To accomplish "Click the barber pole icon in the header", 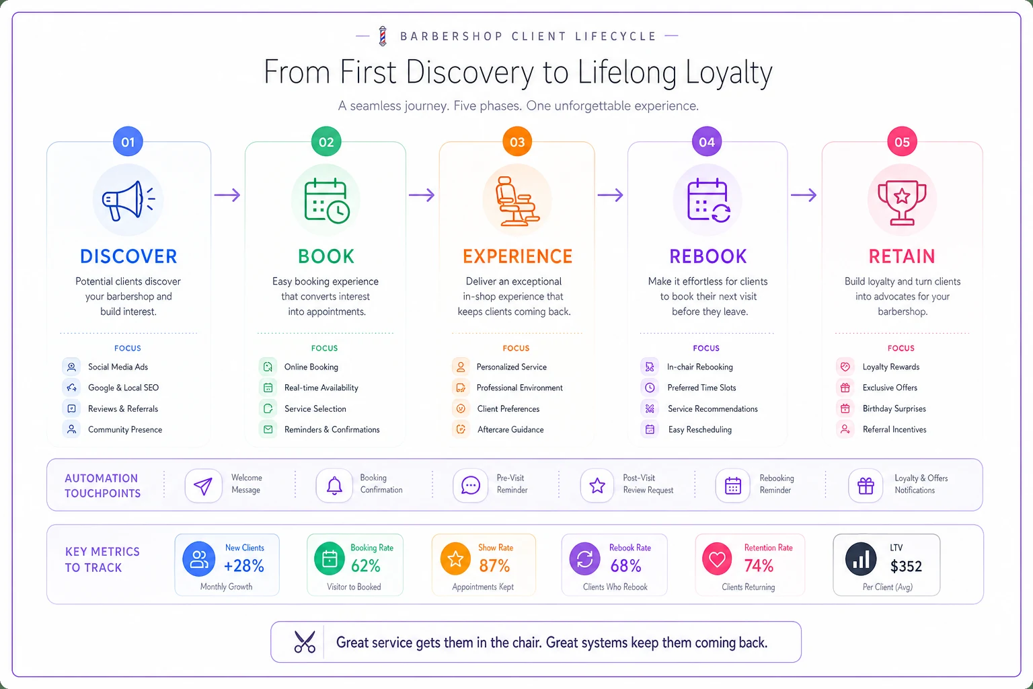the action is [382, 36].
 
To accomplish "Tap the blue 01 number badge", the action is [128, 142].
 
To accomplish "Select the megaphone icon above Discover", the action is [128, 201].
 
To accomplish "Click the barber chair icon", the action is [517, 201].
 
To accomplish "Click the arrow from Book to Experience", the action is [422, 195].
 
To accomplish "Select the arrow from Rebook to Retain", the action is [804, 195].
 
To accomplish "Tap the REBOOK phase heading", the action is [708, 256].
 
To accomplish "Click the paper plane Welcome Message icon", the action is [203, 486].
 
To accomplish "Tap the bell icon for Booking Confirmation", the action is [334, 486].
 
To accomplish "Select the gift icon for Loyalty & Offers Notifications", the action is [866, 486].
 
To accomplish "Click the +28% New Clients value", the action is [244, 566].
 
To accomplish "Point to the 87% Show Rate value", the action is [494, 566].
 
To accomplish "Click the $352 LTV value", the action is [906, 567].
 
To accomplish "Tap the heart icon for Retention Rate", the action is [717, 559].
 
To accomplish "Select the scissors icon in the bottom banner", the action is [305, 642].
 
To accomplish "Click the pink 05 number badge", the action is [902, 142].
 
